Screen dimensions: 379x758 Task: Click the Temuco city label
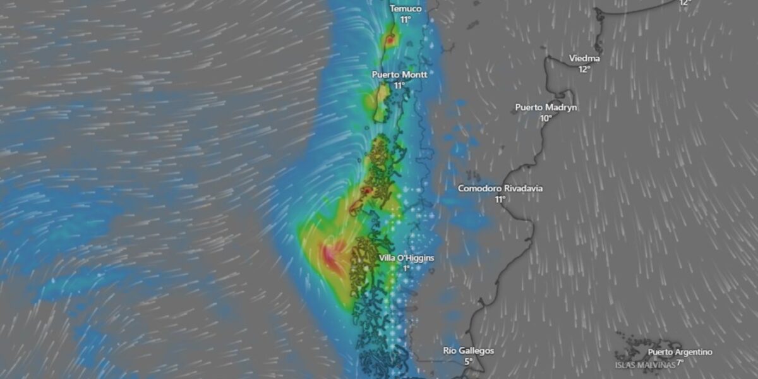pyautogui.click(x=405, y=9)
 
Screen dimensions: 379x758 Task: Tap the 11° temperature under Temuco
pyautogui.click(x=405, y=20)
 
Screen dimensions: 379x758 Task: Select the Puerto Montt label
pyautogui.click(x=399, y=75)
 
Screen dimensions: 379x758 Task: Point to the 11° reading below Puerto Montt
pyautogui.click(x=399, y=85)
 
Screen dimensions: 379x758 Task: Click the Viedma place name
pyautogui.click(x=584, y=58)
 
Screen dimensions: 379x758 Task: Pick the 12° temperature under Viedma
pyautogui.click(x=584, y=69)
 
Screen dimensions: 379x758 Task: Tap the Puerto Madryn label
pyautogui.click(x=546, y=107)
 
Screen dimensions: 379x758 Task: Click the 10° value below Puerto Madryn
pyautogui.click(x=546, y=118)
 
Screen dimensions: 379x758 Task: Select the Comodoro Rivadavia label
pyautogui.click(x=500, y=188)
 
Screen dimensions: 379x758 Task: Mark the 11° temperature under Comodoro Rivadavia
pyautogui.click(x=500, y=199)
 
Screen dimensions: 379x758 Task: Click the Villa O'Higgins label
pyautogui.click(x=407, y=258)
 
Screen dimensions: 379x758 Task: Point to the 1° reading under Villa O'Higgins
pyautogui.click(x=407, y=268)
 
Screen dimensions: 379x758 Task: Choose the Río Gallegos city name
pyautogui.click(x=468, y=351)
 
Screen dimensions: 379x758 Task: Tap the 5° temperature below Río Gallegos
pyautogui.click(x=468, y=362)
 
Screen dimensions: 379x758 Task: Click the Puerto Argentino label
pyautogui.click(x=680, y=352)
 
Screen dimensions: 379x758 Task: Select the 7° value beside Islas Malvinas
pyautogui.click(x=680, y=363)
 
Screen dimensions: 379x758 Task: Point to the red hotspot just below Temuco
pyautogui.click(x=390, y=40)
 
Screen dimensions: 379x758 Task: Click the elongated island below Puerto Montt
pyautogui.click(x=382, y=101)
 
